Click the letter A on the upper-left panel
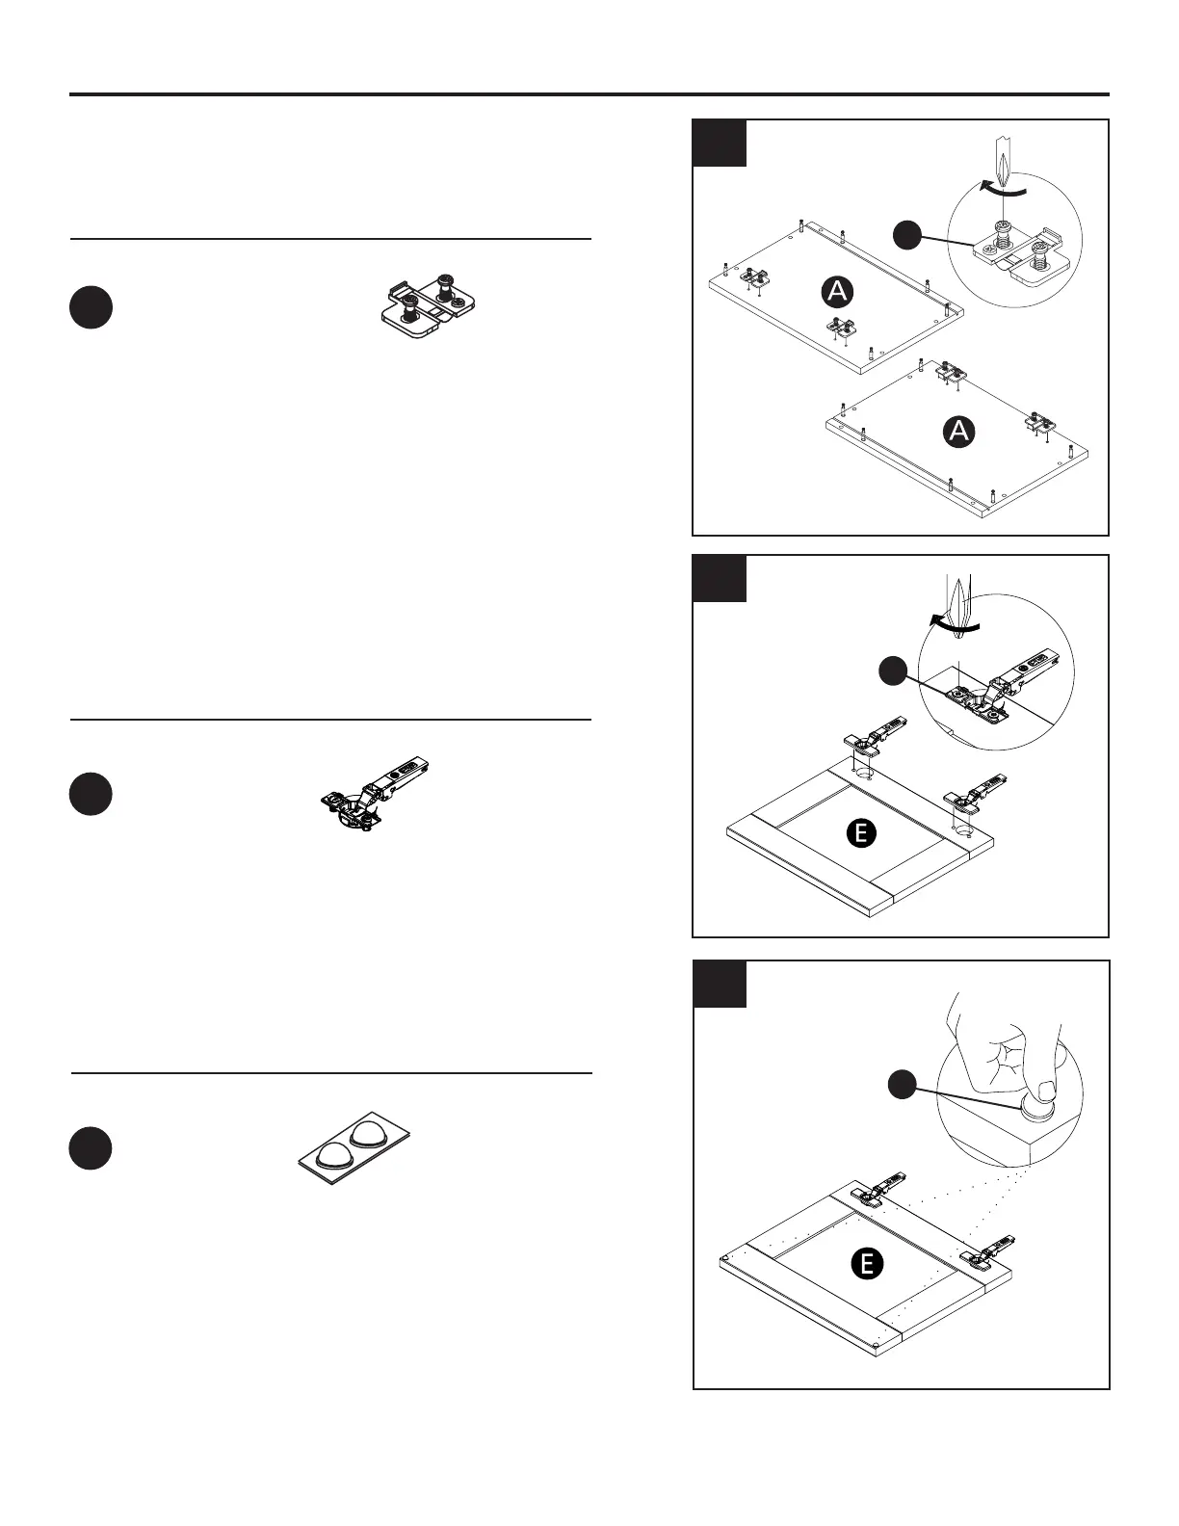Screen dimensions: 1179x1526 [x=838, y=291]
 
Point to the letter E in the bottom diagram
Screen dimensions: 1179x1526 [x=867, y=1263]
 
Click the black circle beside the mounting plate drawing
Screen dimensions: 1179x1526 [x=91, y=307]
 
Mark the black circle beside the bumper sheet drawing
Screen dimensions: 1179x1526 [x=91, y=1148]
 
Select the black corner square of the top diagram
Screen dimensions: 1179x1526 [x=720, y=143]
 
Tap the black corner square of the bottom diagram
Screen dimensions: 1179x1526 [x=720, y=984]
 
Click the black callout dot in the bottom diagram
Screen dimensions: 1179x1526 [x=900, y=1085]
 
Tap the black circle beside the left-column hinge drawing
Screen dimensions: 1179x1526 [x=91, y=794]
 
